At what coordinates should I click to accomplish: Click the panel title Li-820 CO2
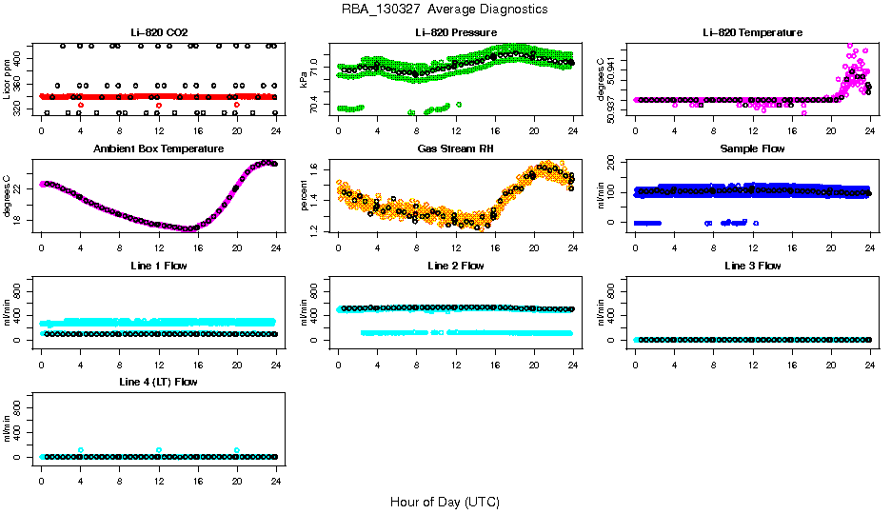pos(158,32)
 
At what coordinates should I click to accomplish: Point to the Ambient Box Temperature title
pos(158,149)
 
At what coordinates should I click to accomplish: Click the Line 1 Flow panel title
pos(158,266)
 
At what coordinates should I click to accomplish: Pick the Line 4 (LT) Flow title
pos(158,382)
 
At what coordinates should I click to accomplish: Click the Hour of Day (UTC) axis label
pos(445,502)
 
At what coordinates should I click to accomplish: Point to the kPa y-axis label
pos(304,80)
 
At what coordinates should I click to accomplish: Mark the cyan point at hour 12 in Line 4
pos(159,450)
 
